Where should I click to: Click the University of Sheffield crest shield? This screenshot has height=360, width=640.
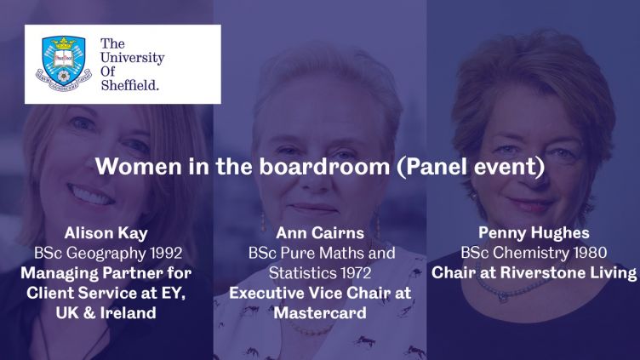[64, 61]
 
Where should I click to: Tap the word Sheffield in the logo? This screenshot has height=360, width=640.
[130, 85]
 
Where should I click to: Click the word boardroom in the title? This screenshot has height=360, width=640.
[324, 166]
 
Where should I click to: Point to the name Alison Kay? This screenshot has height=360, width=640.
[106, 233]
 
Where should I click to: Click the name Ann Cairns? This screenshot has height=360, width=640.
[320, 233]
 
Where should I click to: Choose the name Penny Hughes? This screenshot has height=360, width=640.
[534, 233]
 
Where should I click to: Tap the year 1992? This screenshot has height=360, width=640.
[166, 253]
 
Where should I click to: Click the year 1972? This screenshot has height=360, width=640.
[355, 273]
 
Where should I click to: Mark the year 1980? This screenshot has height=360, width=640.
[590, 253]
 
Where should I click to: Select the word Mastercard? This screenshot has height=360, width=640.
[320, 313]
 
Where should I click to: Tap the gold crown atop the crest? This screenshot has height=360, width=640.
[64, 43]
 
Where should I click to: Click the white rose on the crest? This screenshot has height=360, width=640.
[64, 76]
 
